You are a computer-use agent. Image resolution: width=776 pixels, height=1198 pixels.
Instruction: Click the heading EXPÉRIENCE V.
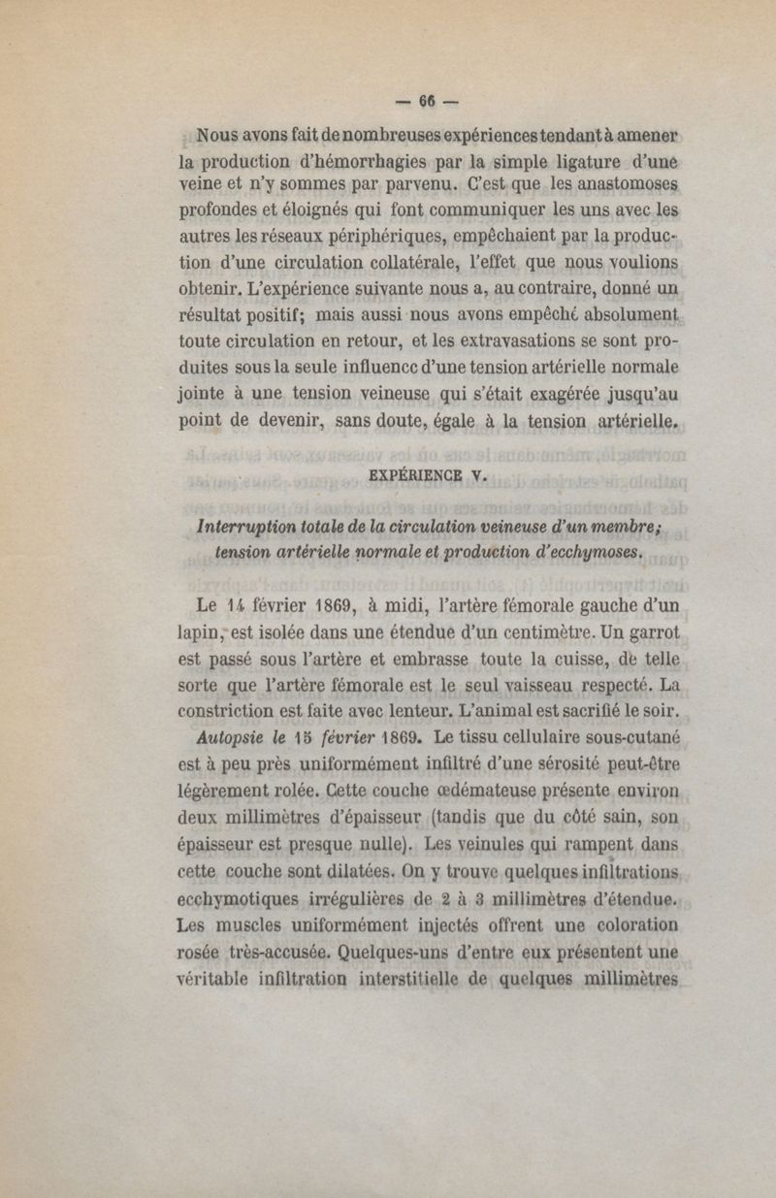click(x=428, y=475)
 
